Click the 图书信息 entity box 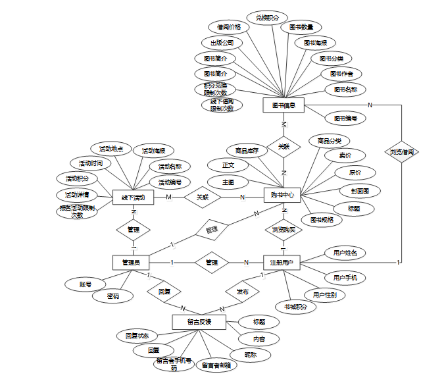(x=283, y=105)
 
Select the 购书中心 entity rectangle (x=283, y=195)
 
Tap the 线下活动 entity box (x=133, y=197)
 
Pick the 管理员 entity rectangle (x=132, y=262)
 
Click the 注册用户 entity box (x=283, y=262)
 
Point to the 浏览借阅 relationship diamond (x=401, y=151)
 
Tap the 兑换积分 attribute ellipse (x=266, y=17)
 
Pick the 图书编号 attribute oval (x=345, y=118)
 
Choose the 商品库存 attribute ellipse (x=247, y=150)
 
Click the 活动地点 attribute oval (x=111, y=149)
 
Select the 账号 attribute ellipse (x=85, y=284)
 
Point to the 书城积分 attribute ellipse (x=295, y=307)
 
